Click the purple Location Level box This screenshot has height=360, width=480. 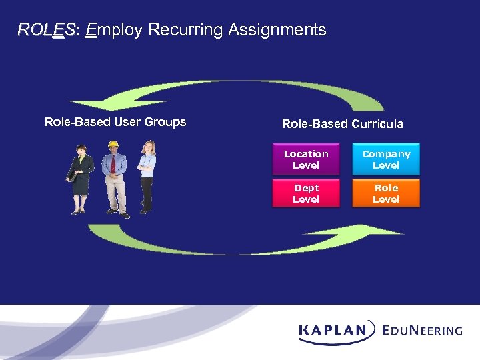306,159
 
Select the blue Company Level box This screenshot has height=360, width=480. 386,159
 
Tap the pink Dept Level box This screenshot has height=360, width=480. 306,193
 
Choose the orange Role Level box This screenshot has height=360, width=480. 386,193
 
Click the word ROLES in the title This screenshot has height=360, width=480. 47,30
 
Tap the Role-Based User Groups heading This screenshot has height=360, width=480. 115,122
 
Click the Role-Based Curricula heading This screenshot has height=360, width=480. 342,124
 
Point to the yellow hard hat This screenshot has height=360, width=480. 113,143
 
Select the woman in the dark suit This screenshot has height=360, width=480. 81,177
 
